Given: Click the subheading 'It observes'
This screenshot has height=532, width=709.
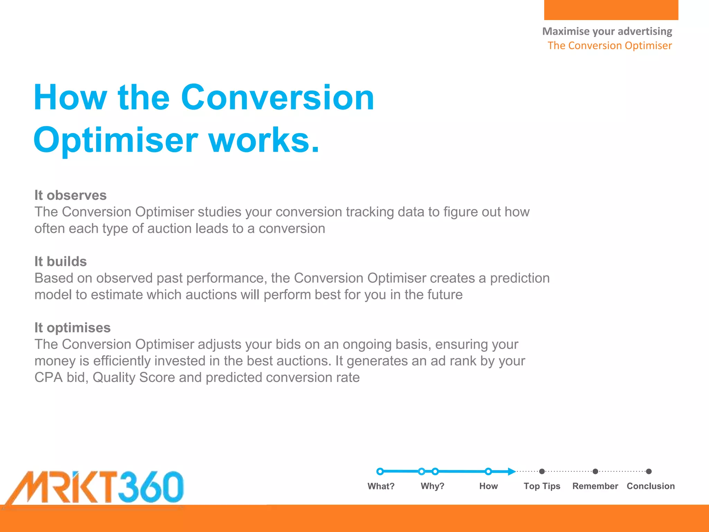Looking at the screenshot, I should tap(70, 195).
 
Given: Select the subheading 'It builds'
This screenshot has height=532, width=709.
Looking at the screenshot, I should tap(61, 261).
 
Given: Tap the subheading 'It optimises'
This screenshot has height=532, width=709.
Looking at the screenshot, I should tap(72, 328).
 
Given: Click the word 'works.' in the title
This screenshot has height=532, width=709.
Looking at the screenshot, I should tap(263, 140).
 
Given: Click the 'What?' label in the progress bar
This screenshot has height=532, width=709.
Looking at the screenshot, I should tap(381, 486).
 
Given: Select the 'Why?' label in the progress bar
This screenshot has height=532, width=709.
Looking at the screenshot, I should tap(432, 486).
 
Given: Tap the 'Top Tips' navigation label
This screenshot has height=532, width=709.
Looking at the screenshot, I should tap(542, 486).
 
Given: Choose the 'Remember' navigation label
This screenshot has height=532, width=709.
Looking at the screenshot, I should tap(595, 486).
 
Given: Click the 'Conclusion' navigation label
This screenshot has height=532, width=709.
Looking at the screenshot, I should tap(650, 486).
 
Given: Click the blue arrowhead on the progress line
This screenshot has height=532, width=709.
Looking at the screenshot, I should tap(511, 471).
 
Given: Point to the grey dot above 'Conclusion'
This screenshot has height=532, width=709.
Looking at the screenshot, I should tap(649, 471).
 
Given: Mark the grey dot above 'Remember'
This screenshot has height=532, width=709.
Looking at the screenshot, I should tap(595, 471).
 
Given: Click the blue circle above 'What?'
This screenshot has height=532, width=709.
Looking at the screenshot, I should tap(380, 471).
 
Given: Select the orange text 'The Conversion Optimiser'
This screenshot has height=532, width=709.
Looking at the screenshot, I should tap(610, 45).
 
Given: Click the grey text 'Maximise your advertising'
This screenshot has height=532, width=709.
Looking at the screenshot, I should tap(607, 31).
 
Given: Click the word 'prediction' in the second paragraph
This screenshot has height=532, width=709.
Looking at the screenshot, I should tap(520, 278).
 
